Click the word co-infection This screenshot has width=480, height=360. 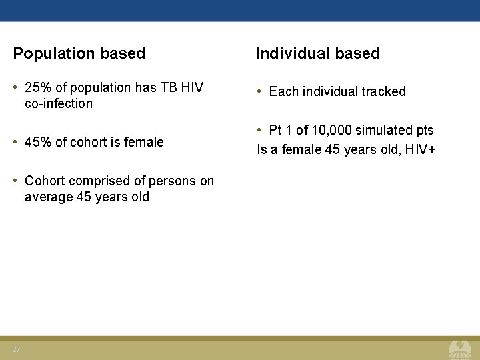[59, 103]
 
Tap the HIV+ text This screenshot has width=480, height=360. [419, 149]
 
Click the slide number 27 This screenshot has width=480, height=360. [16, 350]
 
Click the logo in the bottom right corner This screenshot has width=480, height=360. [459, 349]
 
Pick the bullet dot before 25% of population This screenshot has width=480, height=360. [16, 87]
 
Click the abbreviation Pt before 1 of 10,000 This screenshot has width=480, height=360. [275, 130]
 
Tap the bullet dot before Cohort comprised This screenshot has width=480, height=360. [16, 181]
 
